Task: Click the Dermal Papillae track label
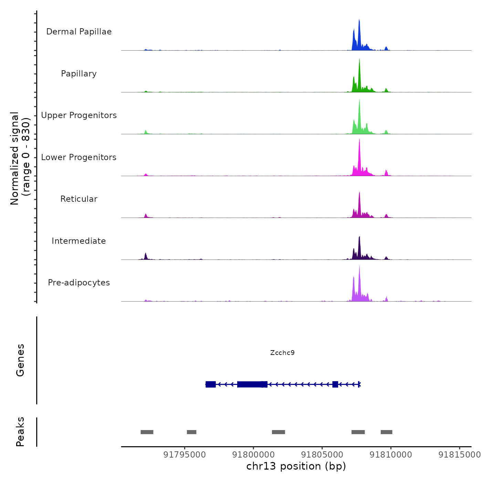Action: [x=79, y=32]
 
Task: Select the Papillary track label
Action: [x=79, y=74]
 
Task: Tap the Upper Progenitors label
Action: [x=79, y=115]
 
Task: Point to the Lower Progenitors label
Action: [x=79, y=157]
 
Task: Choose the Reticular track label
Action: [x=79, y=199]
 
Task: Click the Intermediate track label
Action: [x=79, y=241]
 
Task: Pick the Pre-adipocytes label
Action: [x=79, y=283]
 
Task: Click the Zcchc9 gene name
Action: [x=282, y=353]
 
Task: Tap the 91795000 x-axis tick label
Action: [x=185, y=455]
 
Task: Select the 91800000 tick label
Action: [x=253, y=455]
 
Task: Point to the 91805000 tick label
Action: [x=322, y=455]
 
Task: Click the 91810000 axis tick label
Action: [x=391, y=455]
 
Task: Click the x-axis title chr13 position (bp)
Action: [x=296, y=466]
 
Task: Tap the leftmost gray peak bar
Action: [x=147, y=432]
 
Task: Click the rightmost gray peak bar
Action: [x=386, y=432]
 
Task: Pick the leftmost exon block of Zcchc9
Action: [x=211, y=384]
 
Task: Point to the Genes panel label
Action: [x=20, y=360]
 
